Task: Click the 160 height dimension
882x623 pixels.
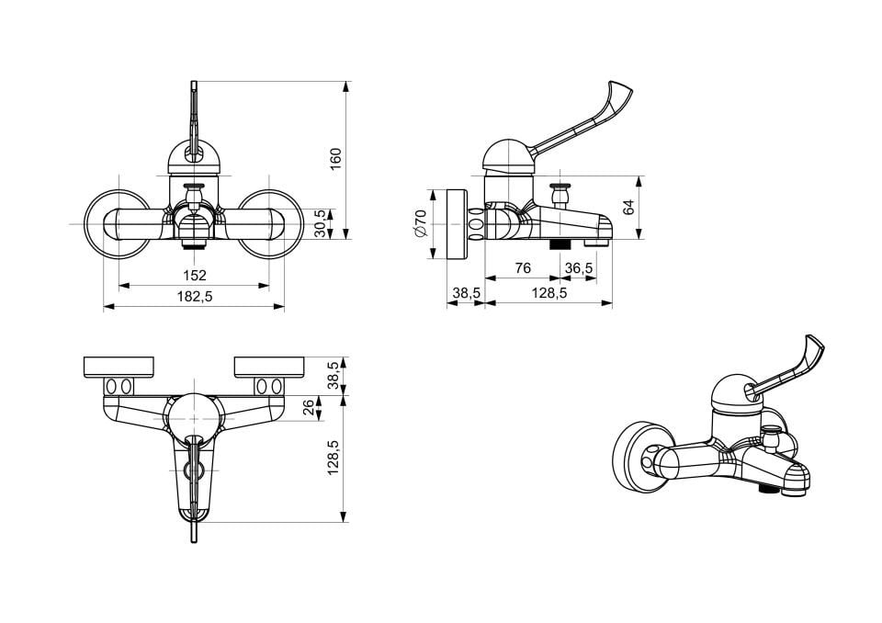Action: (x=335, y=159)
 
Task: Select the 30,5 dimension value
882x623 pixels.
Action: (x=320, y=223)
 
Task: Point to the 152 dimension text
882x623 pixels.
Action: (x=195, y=275)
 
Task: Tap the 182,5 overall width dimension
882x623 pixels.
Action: (x=195, y=297)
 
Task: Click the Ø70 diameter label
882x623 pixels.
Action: (x=421, y=223)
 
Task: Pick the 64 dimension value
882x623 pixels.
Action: (x=628, y=207)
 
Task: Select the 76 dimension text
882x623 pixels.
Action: (x=523, y=268)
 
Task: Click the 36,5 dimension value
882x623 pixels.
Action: (x=579, y=268)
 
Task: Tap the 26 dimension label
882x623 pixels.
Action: (x=309, y=407)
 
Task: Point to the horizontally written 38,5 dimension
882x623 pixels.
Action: (x=467, y=293)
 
